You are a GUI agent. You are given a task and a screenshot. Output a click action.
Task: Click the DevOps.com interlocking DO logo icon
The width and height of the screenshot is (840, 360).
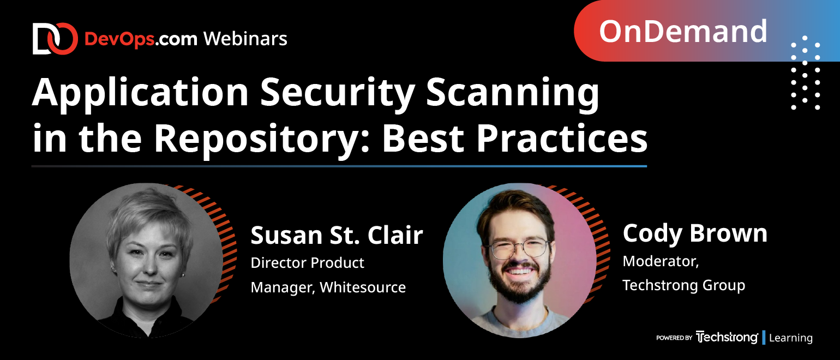click(55, 38)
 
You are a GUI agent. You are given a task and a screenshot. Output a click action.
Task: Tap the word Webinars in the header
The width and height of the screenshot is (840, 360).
click(245, 39)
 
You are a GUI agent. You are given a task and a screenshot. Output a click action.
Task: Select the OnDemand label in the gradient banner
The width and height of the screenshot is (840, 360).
click(683, 32)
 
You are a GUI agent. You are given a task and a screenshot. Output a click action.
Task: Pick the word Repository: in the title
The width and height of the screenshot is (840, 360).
click(262, 140)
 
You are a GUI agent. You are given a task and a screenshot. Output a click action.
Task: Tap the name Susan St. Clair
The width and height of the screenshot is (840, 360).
click(337, 236)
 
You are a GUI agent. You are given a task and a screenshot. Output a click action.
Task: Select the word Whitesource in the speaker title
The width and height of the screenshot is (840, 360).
click(363, 287)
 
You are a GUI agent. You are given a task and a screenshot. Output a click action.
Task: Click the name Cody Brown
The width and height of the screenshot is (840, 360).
click(695, 233)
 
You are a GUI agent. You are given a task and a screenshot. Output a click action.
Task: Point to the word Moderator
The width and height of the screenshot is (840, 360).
click(661, 261)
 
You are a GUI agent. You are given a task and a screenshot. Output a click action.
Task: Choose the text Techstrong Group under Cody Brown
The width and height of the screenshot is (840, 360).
click(683, 285)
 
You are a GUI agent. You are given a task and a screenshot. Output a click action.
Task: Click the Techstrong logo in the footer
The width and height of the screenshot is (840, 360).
click(727, 337)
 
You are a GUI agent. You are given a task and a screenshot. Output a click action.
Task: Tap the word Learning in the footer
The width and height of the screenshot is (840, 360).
click(791, 338)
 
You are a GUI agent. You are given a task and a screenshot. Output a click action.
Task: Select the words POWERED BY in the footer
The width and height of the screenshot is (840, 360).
click(674, 338)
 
